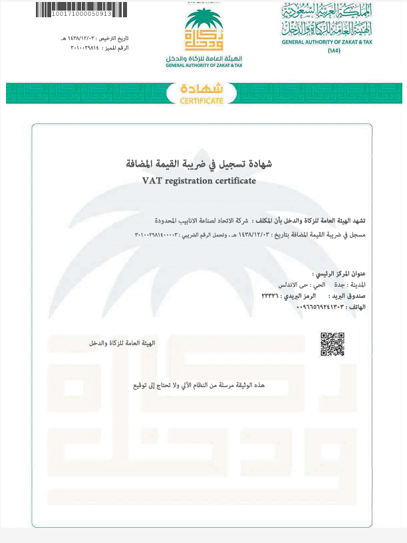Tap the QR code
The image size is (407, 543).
click(332, 344)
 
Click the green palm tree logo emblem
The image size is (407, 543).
click(204, 31)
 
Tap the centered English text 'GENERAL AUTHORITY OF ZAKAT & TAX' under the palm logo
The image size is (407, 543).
click(204, 65)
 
